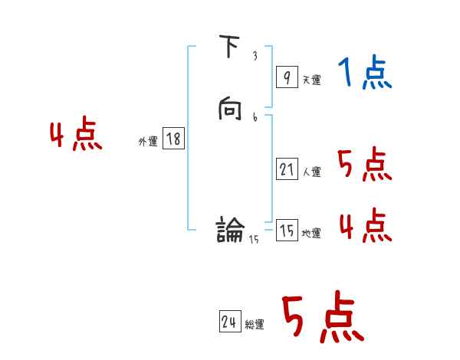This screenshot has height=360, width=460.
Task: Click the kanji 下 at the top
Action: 229,48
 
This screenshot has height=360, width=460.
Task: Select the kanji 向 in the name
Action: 229,112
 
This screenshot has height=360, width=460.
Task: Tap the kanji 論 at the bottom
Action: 230,229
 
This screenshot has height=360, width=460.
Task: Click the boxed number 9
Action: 286,77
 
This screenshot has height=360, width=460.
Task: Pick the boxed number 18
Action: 173,139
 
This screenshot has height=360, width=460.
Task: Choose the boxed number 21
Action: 287,170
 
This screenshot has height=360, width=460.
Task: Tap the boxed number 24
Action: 229,322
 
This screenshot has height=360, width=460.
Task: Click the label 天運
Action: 311,80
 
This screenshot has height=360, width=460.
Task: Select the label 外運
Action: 148,142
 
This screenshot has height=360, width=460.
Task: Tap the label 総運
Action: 255,325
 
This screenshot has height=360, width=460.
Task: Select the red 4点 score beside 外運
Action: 76,136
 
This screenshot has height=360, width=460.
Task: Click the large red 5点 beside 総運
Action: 321,317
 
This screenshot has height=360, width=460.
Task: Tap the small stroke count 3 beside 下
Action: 255,56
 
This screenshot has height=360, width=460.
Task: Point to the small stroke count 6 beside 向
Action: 255,117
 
